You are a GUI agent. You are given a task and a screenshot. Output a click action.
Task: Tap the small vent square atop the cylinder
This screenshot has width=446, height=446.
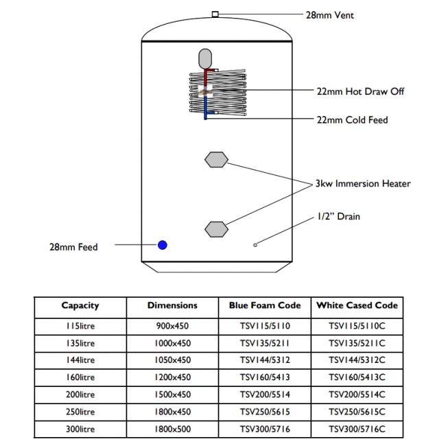coord(215,14)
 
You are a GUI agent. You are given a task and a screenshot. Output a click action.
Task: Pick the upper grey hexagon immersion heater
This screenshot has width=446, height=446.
coord(216,159)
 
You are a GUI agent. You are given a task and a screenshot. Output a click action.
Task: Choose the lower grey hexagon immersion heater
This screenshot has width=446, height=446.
coord(216,228)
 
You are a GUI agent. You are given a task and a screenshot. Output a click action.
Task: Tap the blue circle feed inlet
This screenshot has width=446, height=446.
coord(163,245)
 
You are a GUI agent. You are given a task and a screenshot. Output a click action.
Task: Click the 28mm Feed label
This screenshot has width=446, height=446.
coord(73,247)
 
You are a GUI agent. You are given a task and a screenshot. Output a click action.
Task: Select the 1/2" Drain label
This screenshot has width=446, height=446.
coord(338,217)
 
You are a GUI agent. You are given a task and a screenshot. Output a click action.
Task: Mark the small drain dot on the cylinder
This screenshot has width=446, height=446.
coord(255,244)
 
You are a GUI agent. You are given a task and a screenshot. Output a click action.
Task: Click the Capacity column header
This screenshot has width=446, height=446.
coord(80,306)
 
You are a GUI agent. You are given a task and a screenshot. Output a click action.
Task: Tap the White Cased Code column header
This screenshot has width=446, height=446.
coord(356,306)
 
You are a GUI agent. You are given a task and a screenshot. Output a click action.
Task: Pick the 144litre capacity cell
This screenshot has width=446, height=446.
coord(80,360)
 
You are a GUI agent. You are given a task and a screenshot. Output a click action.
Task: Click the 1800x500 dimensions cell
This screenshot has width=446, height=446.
coord(172,430)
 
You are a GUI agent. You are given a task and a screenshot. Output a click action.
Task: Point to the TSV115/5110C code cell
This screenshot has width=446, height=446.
coord(356,325)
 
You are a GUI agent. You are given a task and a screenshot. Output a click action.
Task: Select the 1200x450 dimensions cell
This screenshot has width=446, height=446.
coord(172,377)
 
